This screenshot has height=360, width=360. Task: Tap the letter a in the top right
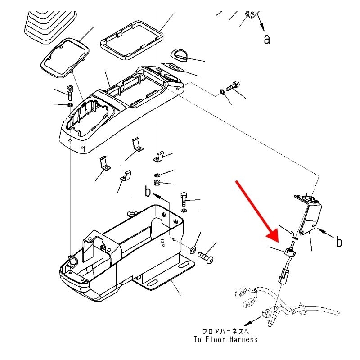[x=267, y=40]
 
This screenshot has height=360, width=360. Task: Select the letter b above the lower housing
[x=147, y=192]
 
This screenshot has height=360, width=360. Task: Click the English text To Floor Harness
[x=226, y=339]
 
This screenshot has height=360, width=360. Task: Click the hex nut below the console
[x=157, y=183]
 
